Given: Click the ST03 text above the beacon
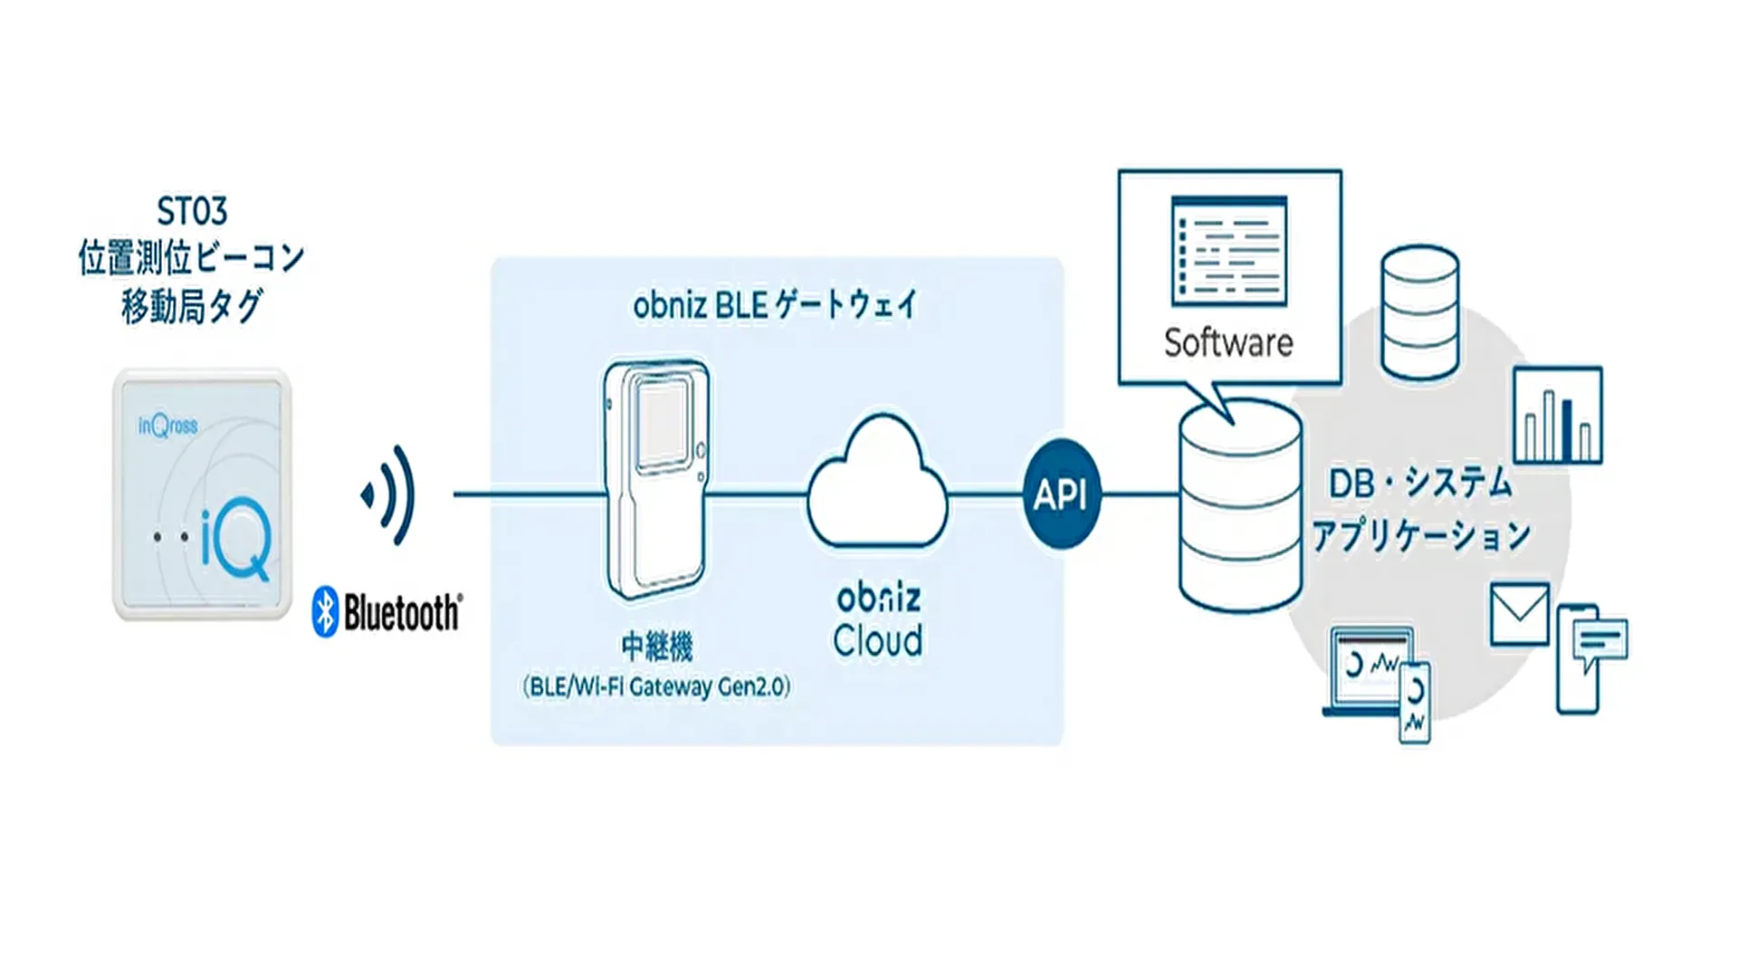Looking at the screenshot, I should coord(192,212).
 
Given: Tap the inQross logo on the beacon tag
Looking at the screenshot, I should coord(167,426).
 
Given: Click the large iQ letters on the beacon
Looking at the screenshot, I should coord(235,542).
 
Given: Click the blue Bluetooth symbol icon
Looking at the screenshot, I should coord(325,612).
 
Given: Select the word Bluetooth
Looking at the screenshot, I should coord(403,613).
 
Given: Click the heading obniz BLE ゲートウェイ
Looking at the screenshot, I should coord(775,305).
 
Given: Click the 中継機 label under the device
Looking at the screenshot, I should coord(657,647).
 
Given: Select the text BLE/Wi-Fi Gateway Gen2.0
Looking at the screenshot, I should coord(656,687).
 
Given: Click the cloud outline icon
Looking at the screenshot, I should coord(876,484).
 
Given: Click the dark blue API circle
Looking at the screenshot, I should coord(1061,494).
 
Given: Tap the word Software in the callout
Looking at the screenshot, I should coord(1228,343).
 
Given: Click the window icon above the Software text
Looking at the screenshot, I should coord(1228,251).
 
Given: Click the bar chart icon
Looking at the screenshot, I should coord(1557,416).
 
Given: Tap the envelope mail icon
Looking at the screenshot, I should coord(1519,615).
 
